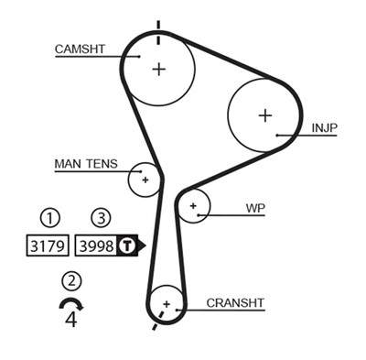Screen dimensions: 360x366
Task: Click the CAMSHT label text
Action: pos(80,49)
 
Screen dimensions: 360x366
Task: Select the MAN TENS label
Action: pos(85,164)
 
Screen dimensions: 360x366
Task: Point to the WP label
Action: pos(255,208)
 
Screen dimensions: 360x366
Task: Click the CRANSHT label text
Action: pos(235,302)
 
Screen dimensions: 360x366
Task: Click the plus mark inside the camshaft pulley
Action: pos(159,69)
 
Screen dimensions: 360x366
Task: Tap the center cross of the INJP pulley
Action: pos(264,115)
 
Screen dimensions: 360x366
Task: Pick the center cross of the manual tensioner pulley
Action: pos(145,180)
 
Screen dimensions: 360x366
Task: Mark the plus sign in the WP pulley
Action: pos(193,207)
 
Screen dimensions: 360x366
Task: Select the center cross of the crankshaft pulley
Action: pos(166,303)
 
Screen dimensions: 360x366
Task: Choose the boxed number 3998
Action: pos(96,245)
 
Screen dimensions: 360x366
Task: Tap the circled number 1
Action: pos(49,218)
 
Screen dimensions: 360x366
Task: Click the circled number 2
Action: pos(71,281)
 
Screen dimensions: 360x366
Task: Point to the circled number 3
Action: pos(100,218)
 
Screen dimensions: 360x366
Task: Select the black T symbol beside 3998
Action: pos(129,245)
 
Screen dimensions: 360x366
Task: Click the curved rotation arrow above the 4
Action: pos(71,303)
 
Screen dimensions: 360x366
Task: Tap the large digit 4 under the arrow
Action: pos(71,320)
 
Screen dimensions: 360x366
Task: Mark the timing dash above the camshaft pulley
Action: pos(158,27)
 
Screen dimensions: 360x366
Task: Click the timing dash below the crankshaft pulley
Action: pos(156,324)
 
